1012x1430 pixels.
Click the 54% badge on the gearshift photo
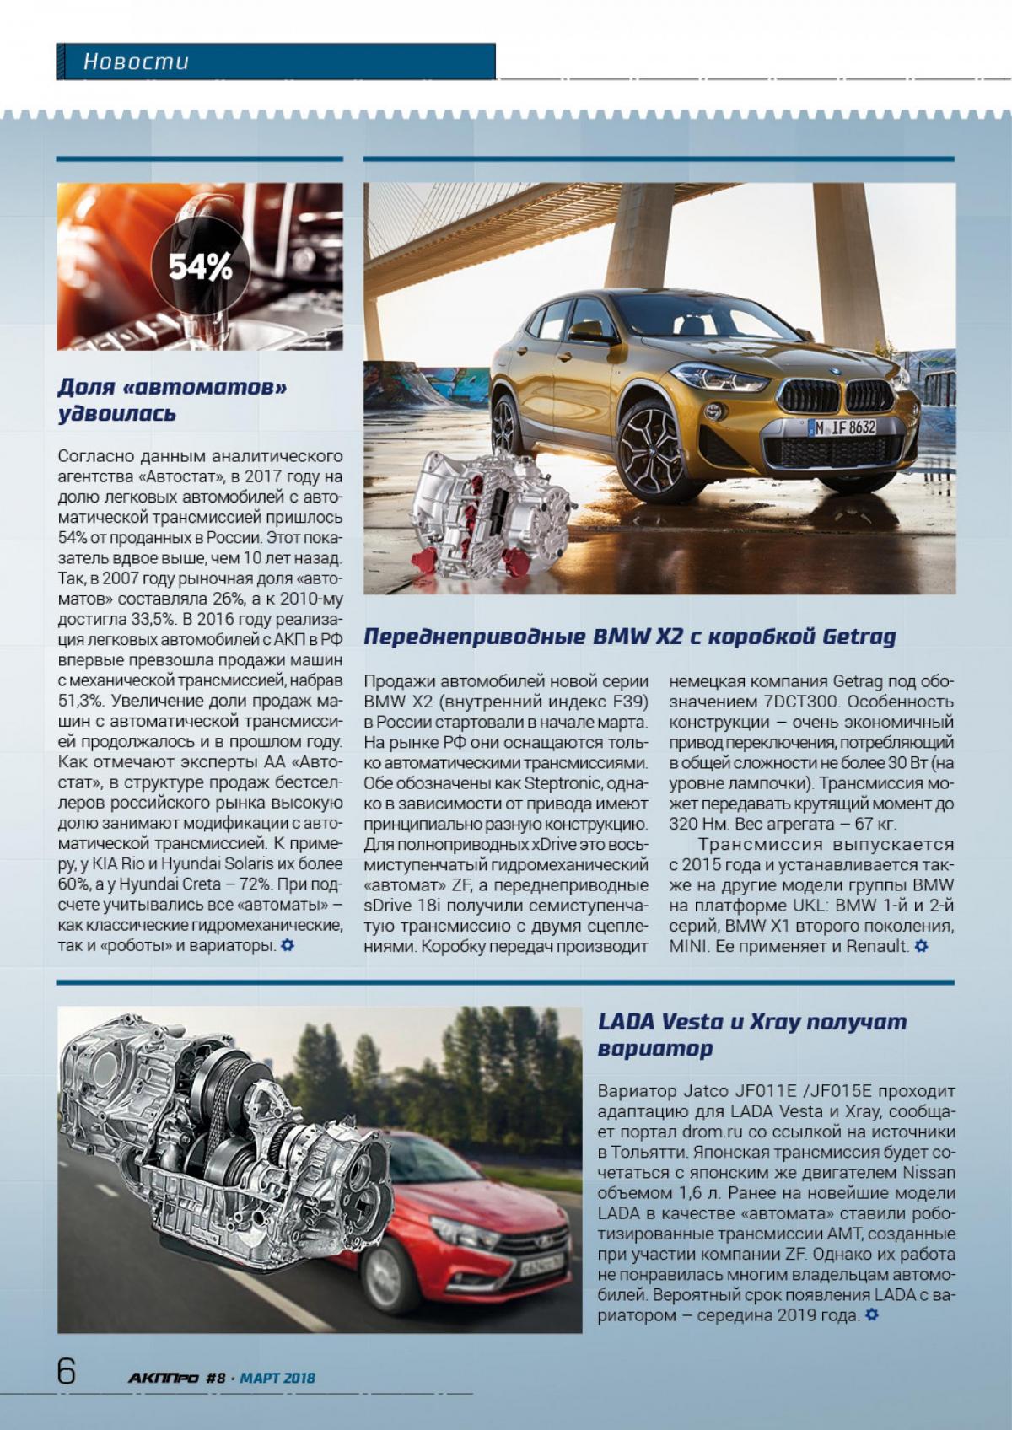coord(200,267)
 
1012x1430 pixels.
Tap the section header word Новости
coord(136,62)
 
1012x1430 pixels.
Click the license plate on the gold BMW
coord(843,427)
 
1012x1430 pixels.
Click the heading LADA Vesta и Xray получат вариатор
coord(752,1035)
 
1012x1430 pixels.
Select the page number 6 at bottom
coord(67,1372)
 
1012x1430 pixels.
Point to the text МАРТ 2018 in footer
coord(277,1378)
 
